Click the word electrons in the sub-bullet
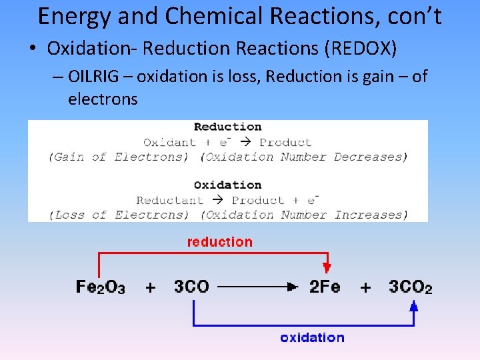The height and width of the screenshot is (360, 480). (103, 100)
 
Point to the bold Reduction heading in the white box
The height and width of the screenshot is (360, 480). (227, 127)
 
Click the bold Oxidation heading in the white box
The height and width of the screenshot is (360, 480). (227, 185)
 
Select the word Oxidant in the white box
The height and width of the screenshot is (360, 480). (169, 142)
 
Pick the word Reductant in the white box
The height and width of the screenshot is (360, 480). (169, 200)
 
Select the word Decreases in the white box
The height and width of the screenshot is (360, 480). (370, 157)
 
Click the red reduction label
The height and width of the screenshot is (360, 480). (220, 242)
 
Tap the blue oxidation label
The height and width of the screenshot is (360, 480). (312, 338)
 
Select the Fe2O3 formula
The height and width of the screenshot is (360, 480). (100, 287)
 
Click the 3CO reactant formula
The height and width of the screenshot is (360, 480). (191, 287)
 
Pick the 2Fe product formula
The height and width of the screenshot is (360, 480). (325, 287)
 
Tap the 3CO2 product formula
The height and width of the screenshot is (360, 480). (411, 287)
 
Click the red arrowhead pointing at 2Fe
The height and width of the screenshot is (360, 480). (327, 268)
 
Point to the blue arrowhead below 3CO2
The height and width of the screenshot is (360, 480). (413, 307)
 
